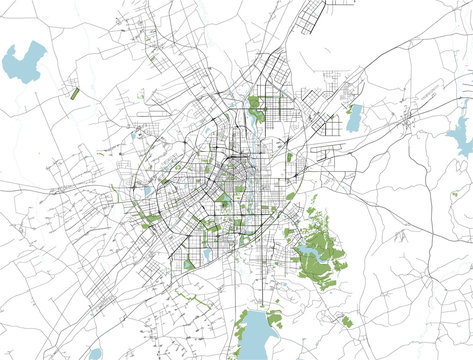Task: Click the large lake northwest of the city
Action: (x=24, y=62)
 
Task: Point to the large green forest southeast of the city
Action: (x=322, y=245)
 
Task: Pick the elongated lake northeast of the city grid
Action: (x=354, y=119)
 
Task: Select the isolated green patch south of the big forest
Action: (x=347, y=321)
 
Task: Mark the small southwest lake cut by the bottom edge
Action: (x=95, y=354)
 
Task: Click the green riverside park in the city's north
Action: (x=255, y=108)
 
